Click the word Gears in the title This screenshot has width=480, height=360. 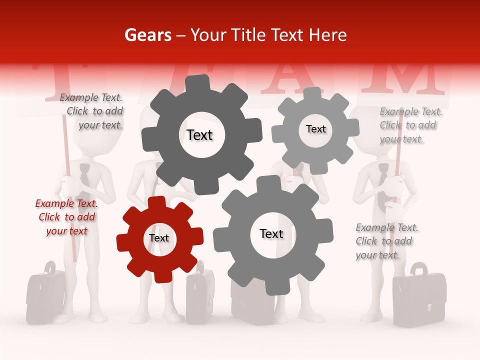[147, 35]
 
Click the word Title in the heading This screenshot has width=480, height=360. [250, 35]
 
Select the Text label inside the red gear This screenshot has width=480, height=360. [159, 238]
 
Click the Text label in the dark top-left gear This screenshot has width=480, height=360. [199, 135]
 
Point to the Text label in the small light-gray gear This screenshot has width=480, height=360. [315, 129]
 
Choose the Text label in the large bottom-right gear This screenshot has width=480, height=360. [271, 234]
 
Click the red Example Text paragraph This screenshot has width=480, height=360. [66, 217]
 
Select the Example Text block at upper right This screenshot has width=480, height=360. [410, 125]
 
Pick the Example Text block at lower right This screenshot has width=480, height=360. [386, 241]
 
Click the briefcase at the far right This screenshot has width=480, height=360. [418, 297]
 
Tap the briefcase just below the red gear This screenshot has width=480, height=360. [200, 295]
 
